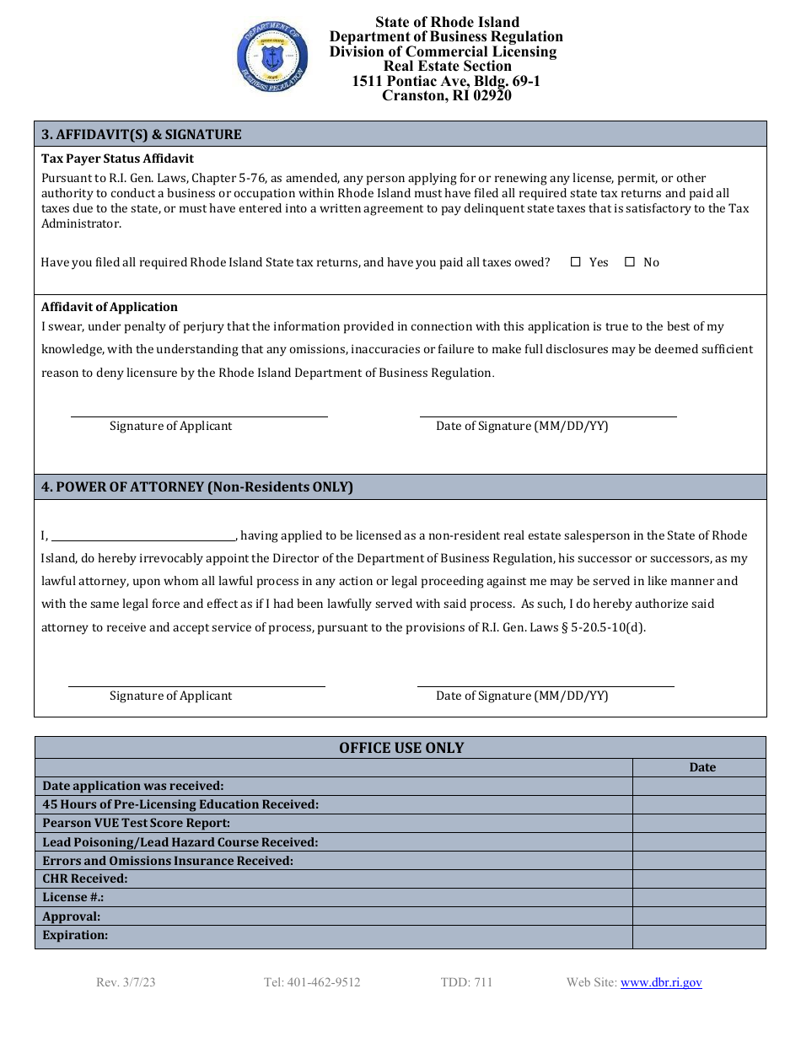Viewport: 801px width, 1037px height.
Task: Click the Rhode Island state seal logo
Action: (271, 56)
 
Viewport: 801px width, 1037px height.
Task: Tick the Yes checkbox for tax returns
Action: (576, 262)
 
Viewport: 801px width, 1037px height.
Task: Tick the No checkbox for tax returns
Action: (630, 262)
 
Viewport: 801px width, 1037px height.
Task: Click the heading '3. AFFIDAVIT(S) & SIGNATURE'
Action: (142, 134)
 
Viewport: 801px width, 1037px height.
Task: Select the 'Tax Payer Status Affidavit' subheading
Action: (117, 159)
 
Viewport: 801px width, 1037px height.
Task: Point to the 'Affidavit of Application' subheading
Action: (110, 307)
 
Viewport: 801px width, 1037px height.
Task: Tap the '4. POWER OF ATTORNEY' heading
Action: (197, 486)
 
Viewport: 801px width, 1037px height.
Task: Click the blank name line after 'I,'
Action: (143, 536)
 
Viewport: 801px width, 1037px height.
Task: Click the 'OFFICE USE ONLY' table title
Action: (401, 748)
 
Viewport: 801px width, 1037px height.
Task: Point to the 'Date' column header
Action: (702, 767)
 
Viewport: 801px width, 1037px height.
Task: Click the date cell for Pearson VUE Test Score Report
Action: (699, 823)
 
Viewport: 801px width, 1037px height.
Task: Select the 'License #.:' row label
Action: (73, 897)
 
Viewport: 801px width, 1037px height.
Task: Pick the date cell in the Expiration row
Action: (699, 936)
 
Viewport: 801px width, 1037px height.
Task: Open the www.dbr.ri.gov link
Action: (661, 982)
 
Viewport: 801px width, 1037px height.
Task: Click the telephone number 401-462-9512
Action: (312, 982)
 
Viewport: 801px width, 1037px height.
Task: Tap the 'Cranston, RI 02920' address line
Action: (446, 95)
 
